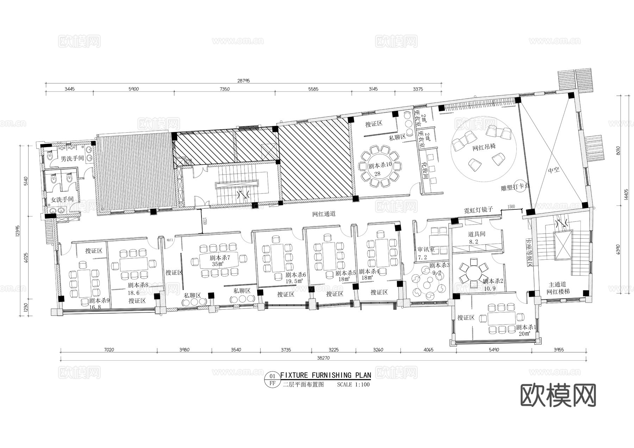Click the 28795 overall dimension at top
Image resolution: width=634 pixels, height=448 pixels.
pos(243,81)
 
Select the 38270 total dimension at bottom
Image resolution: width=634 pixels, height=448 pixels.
pos(324,358)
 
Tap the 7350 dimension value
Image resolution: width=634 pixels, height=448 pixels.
pos(224,89)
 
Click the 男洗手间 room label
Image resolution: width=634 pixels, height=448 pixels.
pos(72,159)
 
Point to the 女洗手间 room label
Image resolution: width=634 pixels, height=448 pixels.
pos(62,200)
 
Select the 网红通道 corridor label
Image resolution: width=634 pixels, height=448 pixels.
pos(324,214)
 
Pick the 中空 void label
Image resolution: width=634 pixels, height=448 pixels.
pos(554,170)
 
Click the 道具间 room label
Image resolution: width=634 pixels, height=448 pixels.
pos(477,234)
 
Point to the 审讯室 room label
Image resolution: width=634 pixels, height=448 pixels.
pos(426,249)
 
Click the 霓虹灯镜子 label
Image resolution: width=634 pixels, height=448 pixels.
pos(478,210)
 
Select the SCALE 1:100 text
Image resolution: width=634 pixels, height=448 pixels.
pos(353,384)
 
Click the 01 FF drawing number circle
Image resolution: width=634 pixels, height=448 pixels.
pos(272,380)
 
